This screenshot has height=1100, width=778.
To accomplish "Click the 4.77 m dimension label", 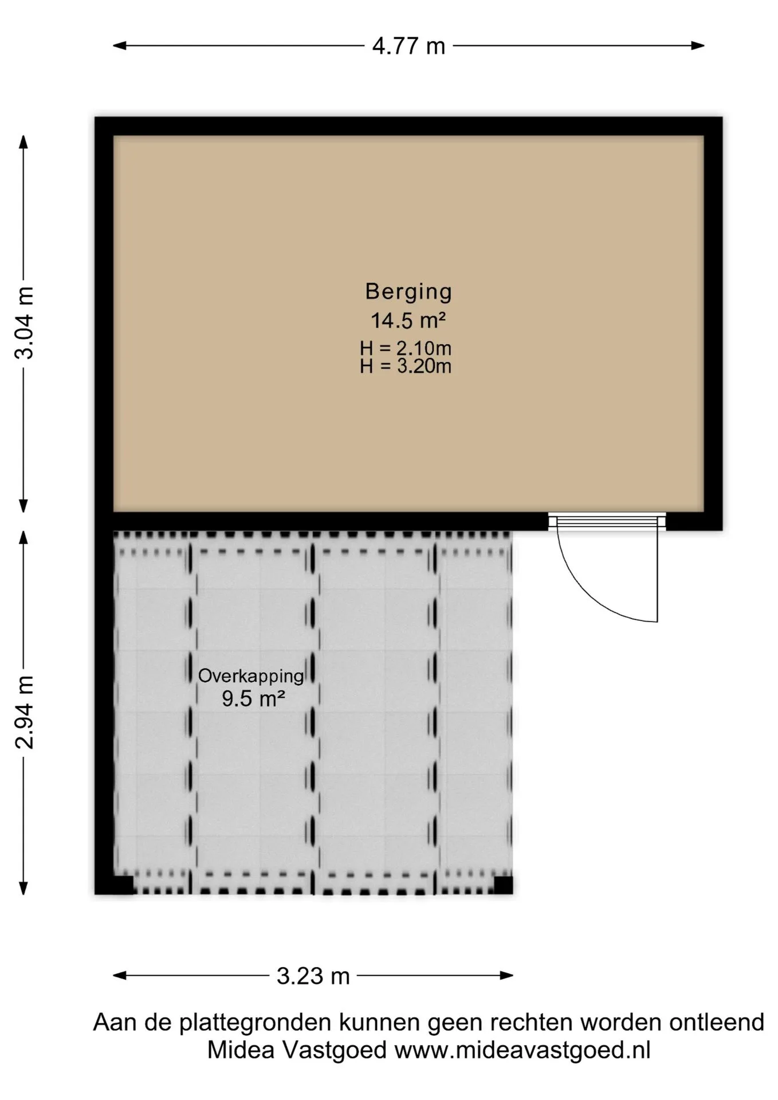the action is click(408, 46).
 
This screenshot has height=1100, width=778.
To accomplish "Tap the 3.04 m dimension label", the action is click(25, 323).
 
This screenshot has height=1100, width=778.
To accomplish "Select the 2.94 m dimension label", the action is click(25, 712).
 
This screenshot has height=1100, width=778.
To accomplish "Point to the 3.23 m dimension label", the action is click(313, 976).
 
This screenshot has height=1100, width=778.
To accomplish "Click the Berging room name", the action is click(408, 292).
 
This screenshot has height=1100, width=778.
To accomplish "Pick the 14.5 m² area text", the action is click(408, 320).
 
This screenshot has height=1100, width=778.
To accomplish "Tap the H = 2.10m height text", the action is click(406, 348).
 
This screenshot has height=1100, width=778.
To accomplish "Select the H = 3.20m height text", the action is click(406, 366).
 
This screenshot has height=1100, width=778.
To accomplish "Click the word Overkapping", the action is click(251, 677).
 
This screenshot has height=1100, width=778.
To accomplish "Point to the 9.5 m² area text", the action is click(253, 699).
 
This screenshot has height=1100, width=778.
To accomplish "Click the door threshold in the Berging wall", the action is click(607, 521).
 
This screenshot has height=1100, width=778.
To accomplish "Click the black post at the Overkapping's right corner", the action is click(503, 885).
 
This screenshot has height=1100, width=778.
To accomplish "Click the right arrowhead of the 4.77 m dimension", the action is click(698, 46).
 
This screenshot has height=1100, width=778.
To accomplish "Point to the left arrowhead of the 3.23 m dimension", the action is click(119, 975).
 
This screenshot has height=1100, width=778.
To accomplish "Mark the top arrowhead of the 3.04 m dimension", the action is click(23, 142).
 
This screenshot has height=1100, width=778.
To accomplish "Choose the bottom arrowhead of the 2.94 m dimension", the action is click(23, 887).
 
